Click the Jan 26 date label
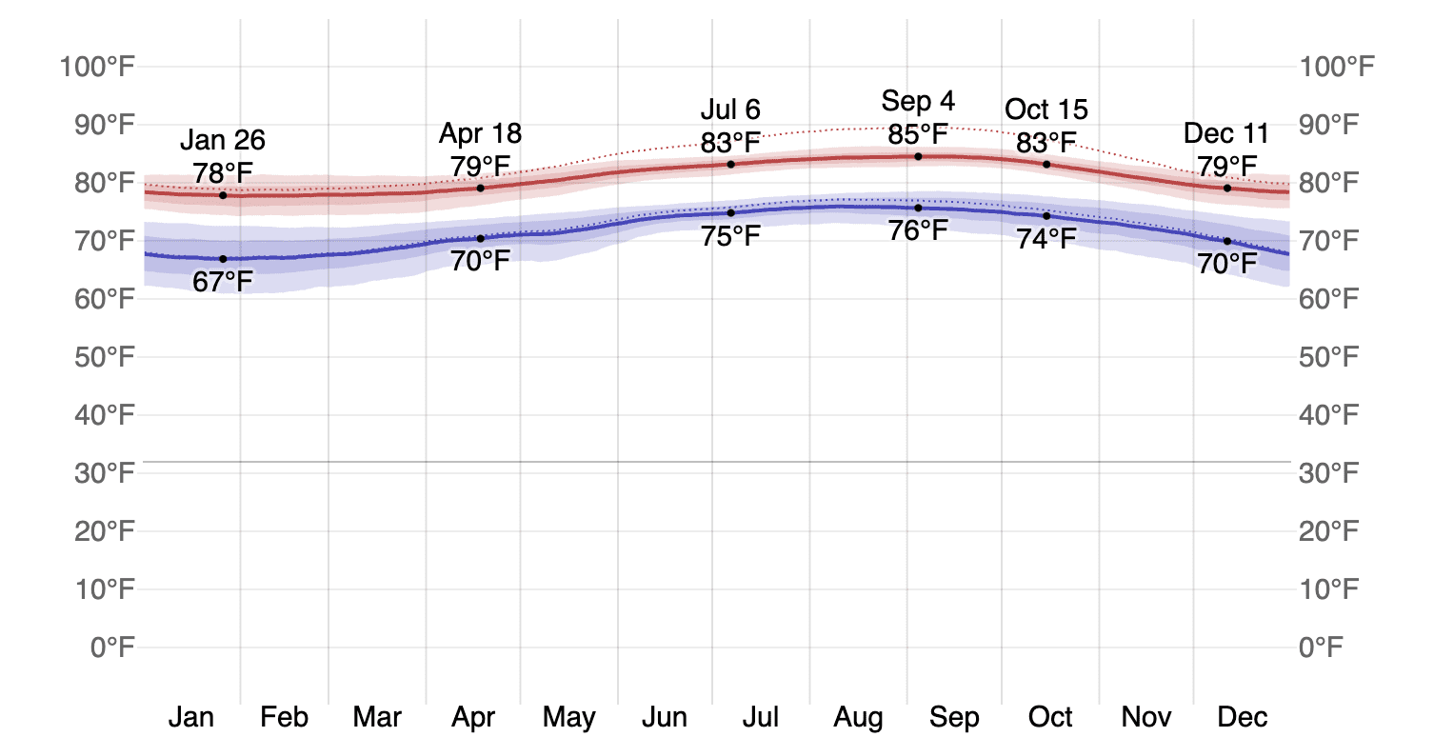pos(223,141)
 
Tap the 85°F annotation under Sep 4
pos(918,134)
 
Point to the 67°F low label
pos(223,282)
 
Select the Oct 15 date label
pos(1046,110)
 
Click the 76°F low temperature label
pos(918,230)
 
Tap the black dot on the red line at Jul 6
pos(730,164)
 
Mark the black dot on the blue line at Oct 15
pos(1046,215)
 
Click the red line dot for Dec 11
pos(1226,188)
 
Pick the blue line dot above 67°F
pos(223,259)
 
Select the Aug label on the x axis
pos(858,716)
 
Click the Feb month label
pos(284,716)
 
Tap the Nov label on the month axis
pos(1145,716)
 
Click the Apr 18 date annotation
pos(480,132)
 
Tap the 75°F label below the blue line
pos(730,235)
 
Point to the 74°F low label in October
pos(1046,239)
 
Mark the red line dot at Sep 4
pos(918,156)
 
